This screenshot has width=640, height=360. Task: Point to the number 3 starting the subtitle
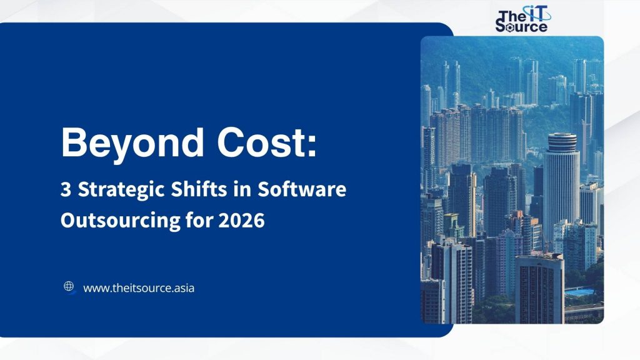tap(65, 190)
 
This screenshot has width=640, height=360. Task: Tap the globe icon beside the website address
tap(69, 287)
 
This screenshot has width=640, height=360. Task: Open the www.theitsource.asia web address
tap(138, 288)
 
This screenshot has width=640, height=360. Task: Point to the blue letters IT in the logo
tap(533, 13)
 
